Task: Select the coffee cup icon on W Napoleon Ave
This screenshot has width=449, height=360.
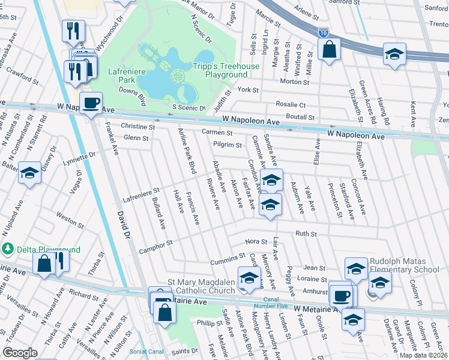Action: [x=91, y=103]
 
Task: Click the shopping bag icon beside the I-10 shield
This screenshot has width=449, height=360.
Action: [x=330, y=50]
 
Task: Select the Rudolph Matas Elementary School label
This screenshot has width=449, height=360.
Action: [x=408, y=266]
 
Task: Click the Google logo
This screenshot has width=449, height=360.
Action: [x=20, y=353]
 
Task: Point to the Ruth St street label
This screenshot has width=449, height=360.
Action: [x=306, y=233]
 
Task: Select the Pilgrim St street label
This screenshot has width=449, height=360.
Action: [x=228, y=145]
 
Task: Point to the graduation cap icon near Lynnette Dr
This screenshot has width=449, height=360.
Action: [x=29, y=175]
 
